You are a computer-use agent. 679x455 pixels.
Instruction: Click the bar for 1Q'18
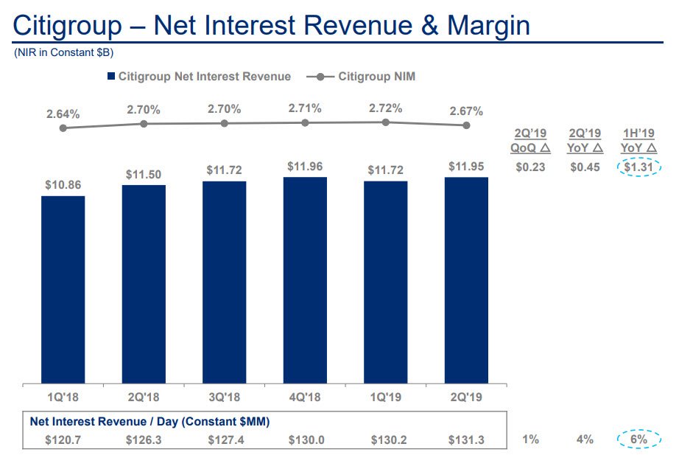(63, 289)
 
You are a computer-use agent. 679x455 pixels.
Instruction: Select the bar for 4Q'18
(305, 280)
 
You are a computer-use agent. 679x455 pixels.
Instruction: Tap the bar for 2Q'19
(466, 280)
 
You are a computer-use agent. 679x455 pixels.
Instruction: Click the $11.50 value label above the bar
(144, 175)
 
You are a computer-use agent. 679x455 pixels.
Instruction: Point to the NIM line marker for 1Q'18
(63, 128)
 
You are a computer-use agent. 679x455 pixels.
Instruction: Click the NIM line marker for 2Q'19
(466, 125)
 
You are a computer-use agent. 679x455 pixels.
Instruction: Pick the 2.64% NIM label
(63, 114)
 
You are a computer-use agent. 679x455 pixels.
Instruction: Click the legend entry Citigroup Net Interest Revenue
(199, 77)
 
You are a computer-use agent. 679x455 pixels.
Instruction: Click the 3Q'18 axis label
(224, 396)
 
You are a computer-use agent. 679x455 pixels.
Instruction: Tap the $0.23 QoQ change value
(530, 167)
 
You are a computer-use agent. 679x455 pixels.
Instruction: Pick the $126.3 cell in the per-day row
(144, 440)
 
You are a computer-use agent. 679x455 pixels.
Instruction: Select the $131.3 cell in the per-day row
(466, 440)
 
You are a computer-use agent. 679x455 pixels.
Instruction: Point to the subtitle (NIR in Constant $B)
(63, 53)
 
